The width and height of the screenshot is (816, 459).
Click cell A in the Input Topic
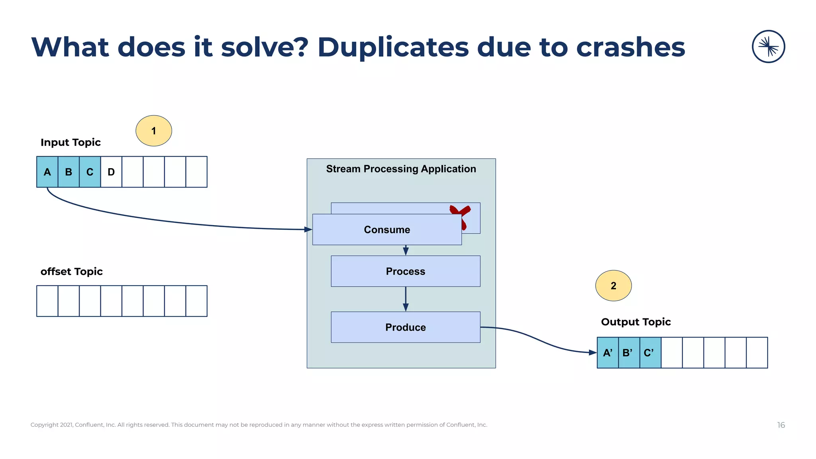click(47, 172)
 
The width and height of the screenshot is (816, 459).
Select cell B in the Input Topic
click(69, 172)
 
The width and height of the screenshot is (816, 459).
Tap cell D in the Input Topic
click(111, 172)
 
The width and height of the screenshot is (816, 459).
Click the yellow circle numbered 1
click(154, 131)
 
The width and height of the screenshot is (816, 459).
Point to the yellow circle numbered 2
click(613, 286)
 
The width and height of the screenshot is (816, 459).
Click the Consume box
click(386, 229)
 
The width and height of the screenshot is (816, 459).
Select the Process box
click(405, 271)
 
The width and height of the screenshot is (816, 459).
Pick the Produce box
click(405, 327)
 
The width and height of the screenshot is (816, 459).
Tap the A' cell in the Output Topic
click(608, 353)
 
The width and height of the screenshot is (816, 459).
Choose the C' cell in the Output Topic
click(650, 353)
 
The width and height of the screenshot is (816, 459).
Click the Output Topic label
click(636, 322)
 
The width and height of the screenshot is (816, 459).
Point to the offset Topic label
click(72, 271)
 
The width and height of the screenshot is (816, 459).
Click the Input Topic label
click(71, 142)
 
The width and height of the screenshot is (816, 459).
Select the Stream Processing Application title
click(401, 169)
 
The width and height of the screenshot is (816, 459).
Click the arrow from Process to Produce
click(406, 299)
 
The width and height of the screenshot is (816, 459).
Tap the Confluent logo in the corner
click(768, 47)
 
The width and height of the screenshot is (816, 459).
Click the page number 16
click(781, 425)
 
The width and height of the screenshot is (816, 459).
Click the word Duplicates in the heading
click(393, 47)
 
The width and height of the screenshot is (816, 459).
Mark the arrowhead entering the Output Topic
click(592, 352)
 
